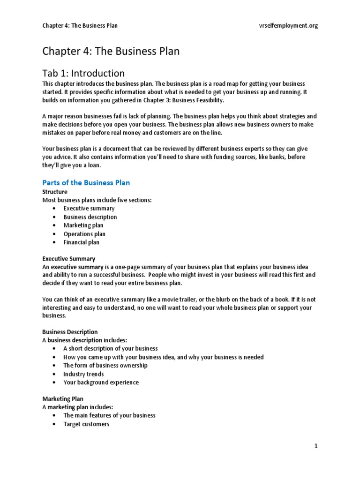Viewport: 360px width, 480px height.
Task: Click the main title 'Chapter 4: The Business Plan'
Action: (x=111, y=51)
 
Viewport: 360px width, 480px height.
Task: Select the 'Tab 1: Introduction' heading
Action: (x=83, y=73)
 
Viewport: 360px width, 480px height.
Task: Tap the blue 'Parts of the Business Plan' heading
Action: (x=86, y=182)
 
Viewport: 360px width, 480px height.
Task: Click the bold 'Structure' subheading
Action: (x=55, y=192)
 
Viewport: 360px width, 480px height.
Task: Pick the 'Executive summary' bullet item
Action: (x=89, y=209)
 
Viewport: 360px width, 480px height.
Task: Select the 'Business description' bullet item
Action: (x=90, y=217)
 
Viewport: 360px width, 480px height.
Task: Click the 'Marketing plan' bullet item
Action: (x=83, y=225)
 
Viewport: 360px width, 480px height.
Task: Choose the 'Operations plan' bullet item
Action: (x=84, y=234)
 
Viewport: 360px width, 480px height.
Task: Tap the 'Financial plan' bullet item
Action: (x=82, y=242)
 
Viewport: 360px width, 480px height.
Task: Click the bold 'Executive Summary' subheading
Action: (x=69, y=259)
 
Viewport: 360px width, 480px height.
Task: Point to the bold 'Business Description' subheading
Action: (x=70, y=332)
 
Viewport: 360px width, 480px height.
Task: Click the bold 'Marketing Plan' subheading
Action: (x=63, y=399)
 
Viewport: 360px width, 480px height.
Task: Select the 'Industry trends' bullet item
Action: (x=83, y=374)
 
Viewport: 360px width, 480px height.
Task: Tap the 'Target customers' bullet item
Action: (x=86, y=424)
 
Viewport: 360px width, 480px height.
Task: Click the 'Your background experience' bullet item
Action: (x=101, y=382)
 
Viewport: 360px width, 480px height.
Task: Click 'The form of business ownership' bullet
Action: (x=105, y=366)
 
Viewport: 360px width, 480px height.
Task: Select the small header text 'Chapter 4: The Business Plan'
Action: (x=80, y=26)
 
